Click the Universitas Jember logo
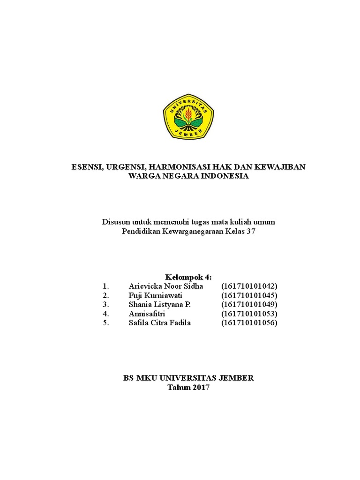(x=188, y=116)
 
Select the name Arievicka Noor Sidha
(x=165, y=286)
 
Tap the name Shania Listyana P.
(x=160, y=305)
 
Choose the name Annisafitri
(x=147, y=314)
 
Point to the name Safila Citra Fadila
(x=159, y=323)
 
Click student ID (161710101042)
(x=249, y=286)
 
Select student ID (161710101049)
(x=249, y=305)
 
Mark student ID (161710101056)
(x=249, y=323)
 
